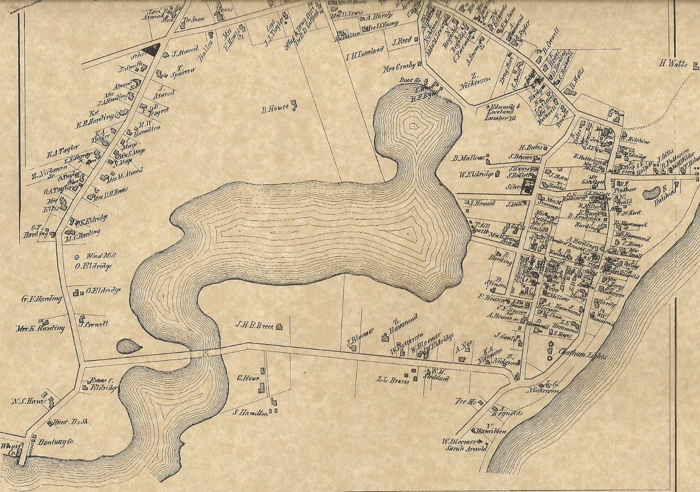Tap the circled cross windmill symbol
(x=78, y=257)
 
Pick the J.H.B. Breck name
(x=254, y=325)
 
